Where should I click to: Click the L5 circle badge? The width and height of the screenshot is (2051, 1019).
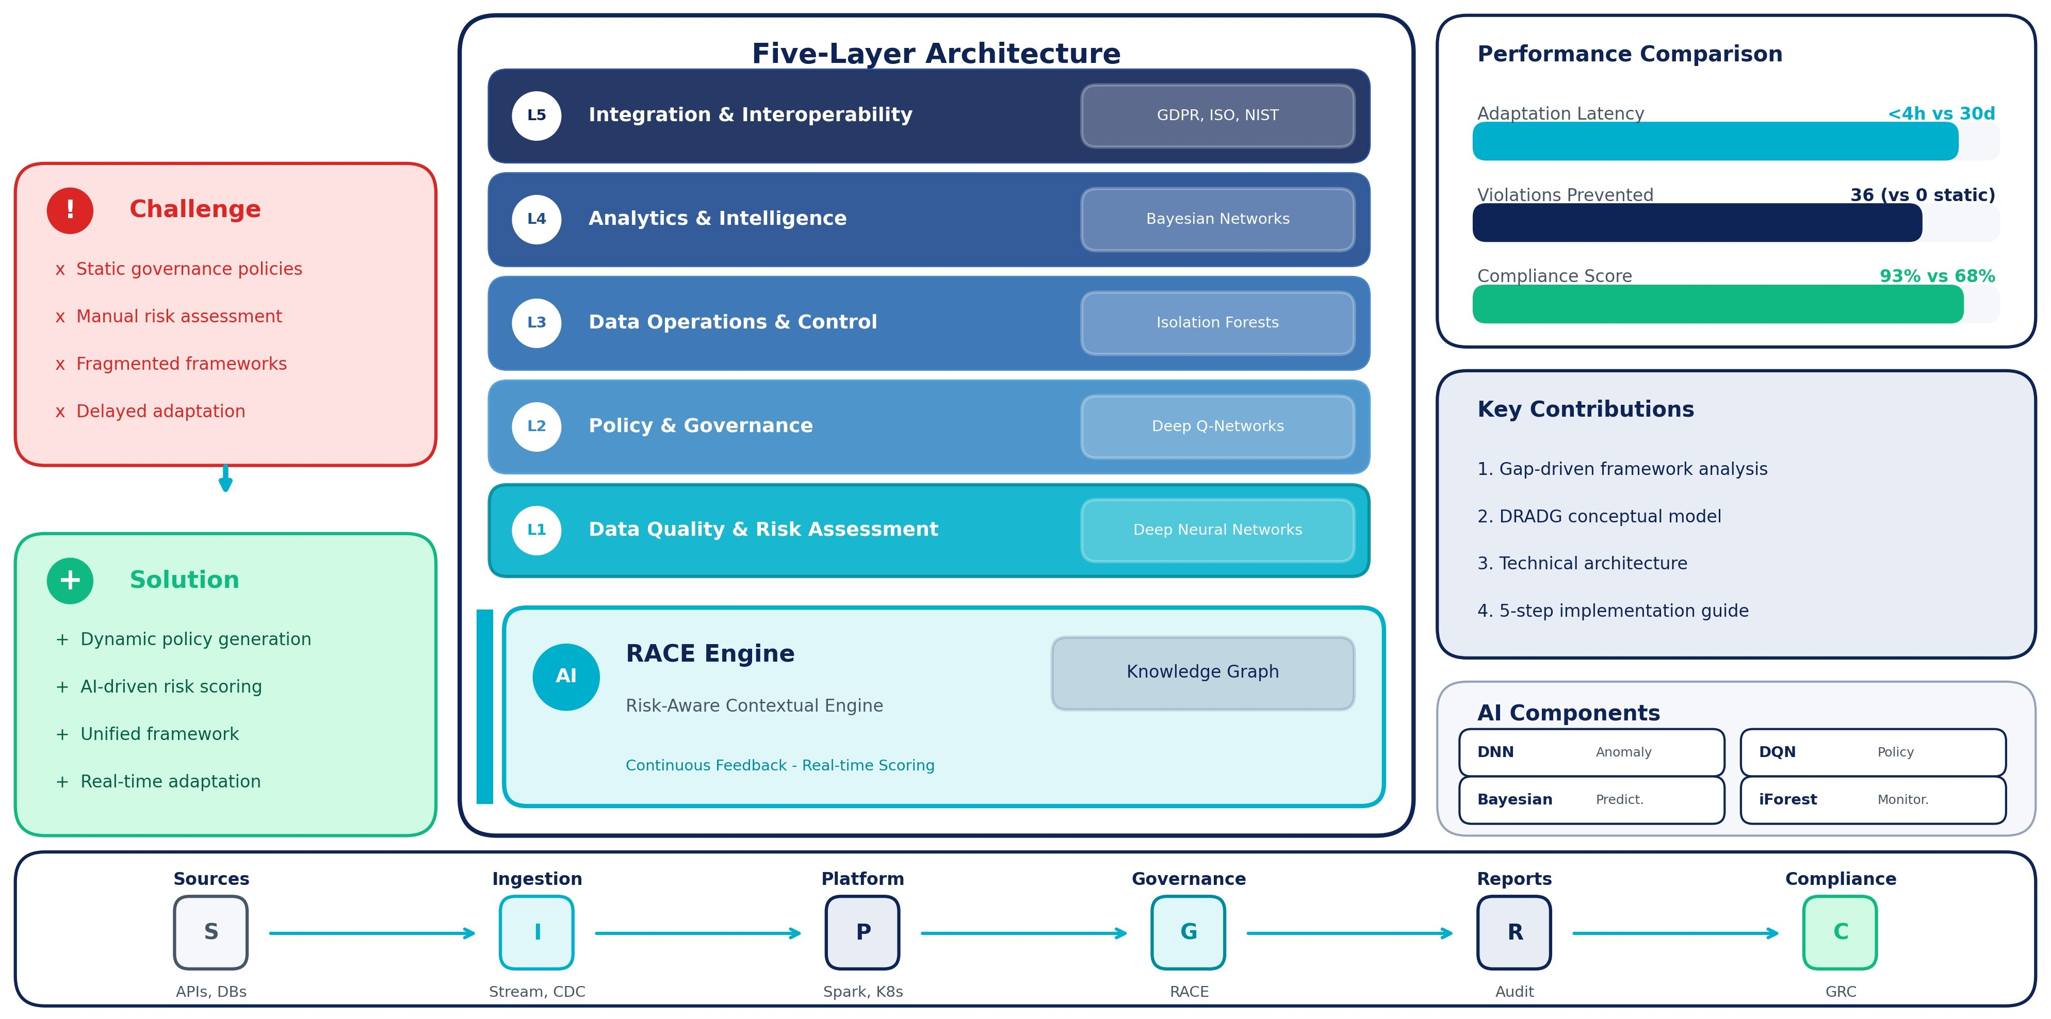536,116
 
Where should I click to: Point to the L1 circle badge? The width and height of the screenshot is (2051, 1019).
536,530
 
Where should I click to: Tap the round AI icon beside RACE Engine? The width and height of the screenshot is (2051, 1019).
565,676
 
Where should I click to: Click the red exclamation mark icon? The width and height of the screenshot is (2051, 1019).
70,210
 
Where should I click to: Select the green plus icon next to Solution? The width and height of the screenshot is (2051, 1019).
70,580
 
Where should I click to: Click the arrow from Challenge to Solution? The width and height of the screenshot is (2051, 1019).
225,479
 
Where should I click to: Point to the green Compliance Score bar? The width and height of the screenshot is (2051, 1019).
1717,304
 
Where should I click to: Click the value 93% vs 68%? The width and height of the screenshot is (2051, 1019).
1936,276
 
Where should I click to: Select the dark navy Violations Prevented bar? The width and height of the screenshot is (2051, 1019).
1696,223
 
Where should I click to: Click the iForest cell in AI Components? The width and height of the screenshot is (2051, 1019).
1872,799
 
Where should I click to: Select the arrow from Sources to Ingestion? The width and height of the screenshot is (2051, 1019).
372,933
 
